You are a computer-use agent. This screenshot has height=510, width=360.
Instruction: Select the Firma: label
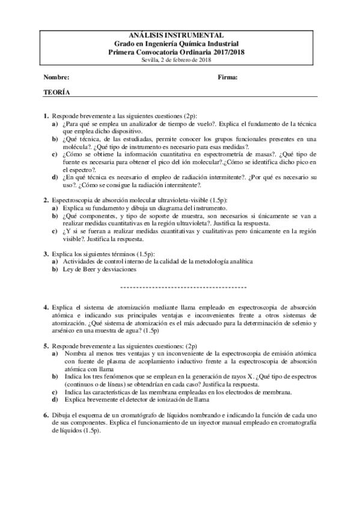(228, 78)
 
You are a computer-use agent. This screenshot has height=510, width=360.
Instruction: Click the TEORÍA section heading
(56, 93)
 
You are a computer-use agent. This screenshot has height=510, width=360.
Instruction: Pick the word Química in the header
(193, 44)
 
